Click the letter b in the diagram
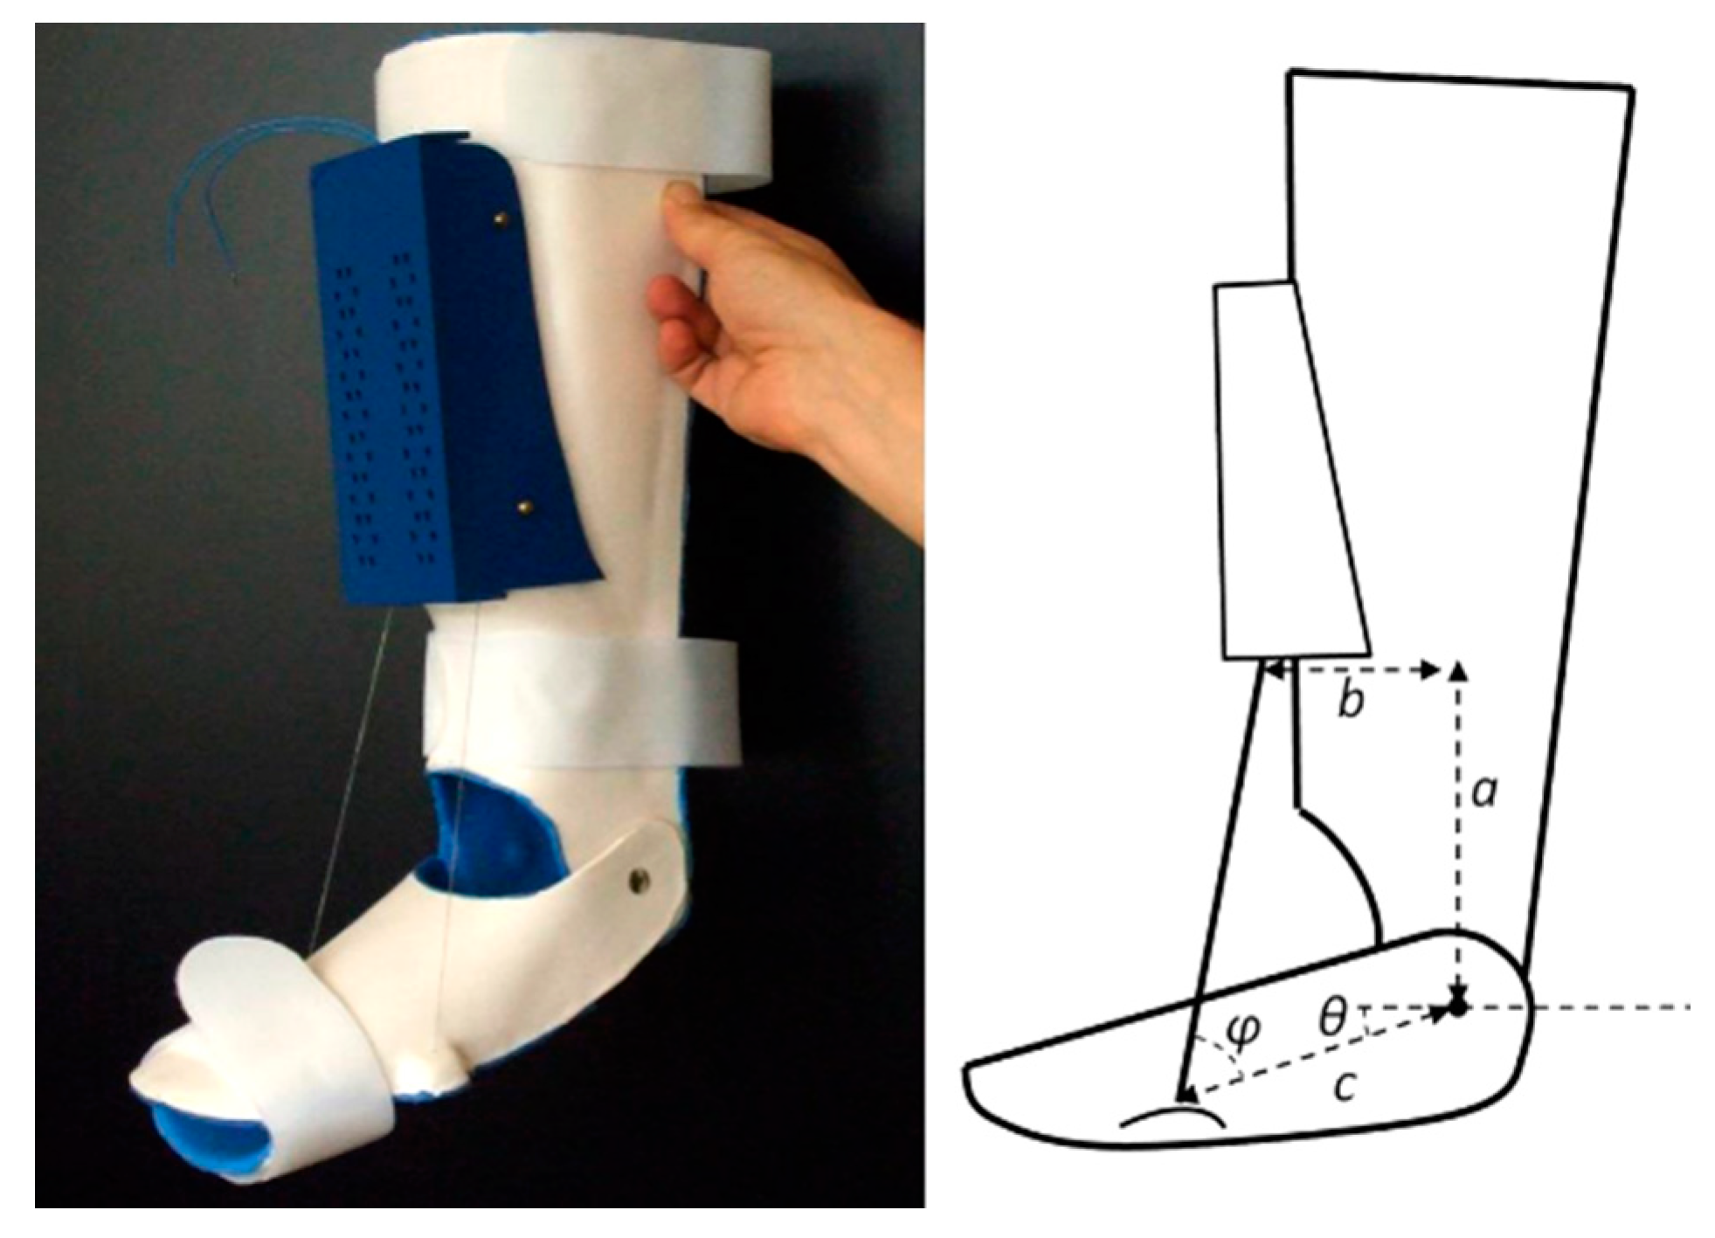pyautogui.click(x=1350, y=701)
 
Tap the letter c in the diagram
pyautogui.click(x=1346, y=1086)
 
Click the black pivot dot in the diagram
pyautogui.click(x=1457, y=1007)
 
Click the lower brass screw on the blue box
pyautogui.click(x=524, y=507)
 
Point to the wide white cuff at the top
pyautogui.click(x=572, y=109)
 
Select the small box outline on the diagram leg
pyautogui.click(x=1290, y=469)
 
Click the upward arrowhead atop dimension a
pyautogui.click(x=1457, y=670)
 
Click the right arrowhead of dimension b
pyautogui.click(x=1429, y=670)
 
